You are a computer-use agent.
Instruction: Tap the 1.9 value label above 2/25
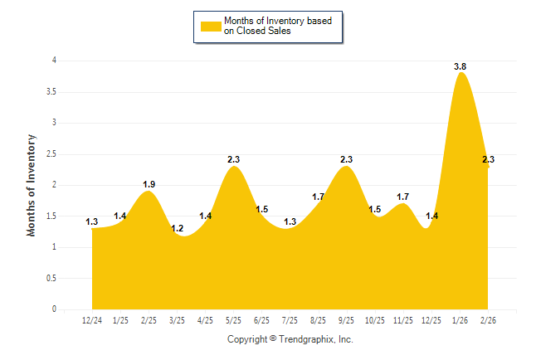point(149,184)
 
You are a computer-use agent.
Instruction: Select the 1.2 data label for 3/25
point(177,228)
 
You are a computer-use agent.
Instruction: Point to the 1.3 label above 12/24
point(92,221)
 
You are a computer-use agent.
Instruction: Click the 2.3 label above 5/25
point(233,159)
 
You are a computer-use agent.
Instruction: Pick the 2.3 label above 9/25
point(347,159)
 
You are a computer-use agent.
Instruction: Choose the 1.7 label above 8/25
point(319,197)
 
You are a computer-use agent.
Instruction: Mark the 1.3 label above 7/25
point(290,221)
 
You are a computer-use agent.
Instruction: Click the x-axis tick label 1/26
point(460,320)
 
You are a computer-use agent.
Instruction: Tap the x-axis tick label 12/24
point(92,320)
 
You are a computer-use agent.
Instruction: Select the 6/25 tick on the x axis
point(261,320)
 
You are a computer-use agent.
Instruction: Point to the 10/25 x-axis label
point(375,320)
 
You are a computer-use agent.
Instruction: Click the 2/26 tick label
point(488,320)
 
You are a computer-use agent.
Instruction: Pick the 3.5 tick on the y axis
point(54,92)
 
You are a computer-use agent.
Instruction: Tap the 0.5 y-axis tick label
point(54,279)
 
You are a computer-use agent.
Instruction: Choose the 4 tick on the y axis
point(56,61)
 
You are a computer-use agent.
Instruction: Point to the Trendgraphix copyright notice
point(290,339)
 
